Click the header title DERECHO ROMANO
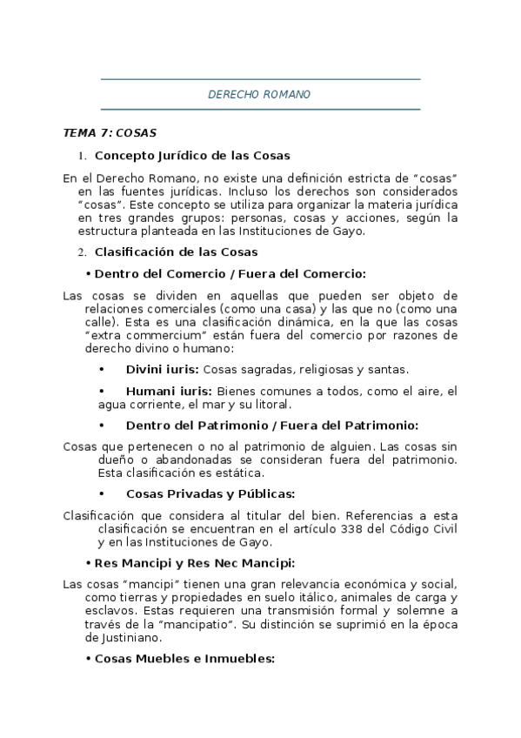tap(260, 94)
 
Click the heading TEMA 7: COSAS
tap(110, 133)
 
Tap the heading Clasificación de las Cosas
tap(176, 252)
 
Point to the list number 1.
tap(83, 157)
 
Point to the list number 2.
tap(83, 252)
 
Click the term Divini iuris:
tap(162, 369)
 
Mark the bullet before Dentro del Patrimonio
tap(103, 426)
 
